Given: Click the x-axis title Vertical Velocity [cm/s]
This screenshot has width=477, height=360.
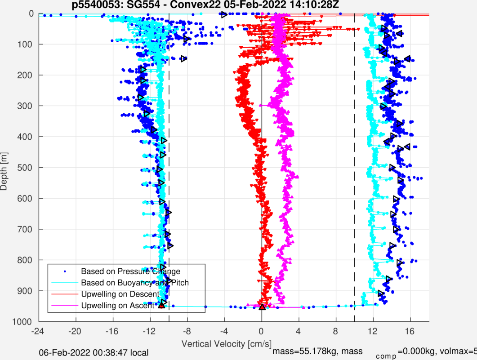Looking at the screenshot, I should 226,344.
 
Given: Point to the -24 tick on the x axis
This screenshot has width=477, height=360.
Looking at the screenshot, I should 38,330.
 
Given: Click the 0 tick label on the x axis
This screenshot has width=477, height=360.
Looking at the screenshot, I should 261,330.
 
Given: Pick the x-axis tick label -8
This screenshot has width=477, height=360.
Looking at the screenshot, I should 187,330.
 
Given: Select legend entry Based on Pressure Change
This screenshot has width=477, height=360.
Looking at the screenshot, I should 130,271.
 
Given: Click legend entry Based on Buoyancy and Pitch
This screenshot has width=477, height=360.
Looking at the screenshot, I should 135,283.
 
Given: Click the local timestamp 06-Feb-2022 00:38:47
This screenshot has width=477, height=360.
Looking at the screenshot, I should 94,353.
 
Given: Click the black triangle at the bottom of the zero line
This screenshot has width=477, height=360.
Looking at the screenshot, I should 263,307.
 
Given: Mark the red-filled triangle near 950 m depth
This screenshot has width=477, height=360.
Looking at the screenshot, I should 161,305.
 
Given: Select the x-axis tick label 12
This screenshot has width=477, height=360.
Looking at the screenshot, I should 373,330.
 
